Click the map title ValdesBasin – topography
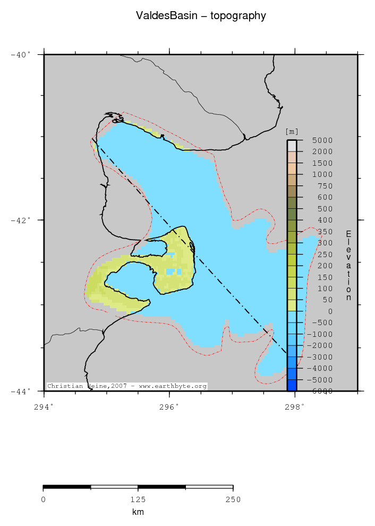pos(201,16)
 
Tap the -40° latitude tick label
pos(21,54)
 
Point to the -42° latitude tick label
pos(21,220)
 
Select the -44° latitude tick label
pos(21,391)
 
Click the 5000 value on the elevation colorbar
pos(322,140)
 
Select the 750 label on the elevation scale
pos(325,186)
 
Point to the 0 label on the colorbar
pos(329,311)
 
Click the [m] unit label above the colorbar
pos(292,132)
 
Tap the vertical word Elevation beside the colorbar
pos(348,266)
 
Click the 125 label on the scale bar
pos(138,499)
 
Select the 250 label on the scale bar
pos(233,499)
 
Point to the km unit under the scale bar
pos(138,512)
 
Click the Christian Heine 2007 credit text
pos(126,386)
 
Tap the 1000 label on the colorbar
pos(322,174)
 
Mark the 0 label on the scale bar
pos(43,499)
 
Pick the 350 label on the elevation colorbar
pos(325,232)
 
